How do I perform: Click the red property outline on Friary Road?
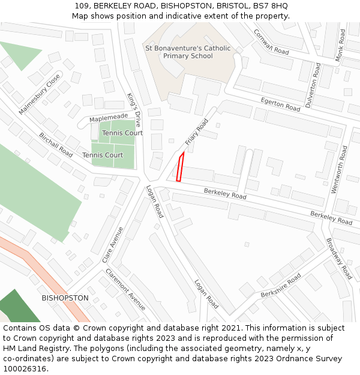pos(179,167)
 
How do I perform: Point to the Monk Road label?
pos(340,45)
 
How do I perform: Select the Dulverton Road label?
pos(313,86)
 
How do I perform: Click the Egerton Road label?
pos(280,104)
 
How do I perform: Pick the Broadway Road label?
pos(339,259)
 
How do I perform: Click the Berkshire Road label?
pos(281,286)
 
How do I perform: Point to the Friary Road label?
pos(196,131)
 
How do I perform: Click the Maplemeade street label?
pos(109,118)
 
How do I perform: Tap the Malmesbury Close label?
pos(40,94)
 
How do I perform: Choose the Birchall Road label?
pos(56,145)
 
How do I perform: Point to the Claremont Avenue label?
pos(125,289)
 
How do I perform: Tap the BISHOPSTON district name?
pos(65,298)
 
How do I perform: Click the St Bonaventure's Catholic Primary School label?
pos(188,52)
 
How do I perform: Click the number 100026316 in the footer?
pos(25,369)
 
